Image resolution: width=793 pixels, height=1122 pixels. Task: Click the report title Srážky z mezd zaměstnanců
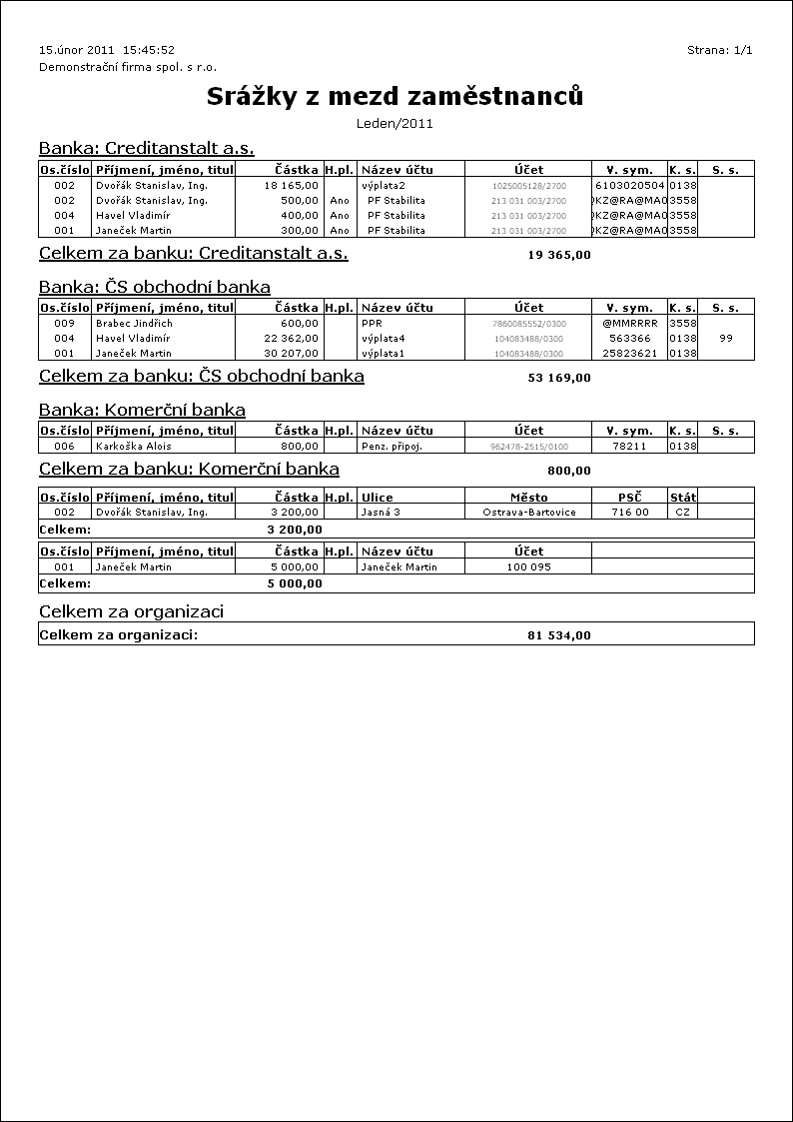[x=395, y=96]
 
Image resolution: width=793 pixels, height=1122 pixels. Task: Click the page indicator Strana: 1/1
[x=719, y=49]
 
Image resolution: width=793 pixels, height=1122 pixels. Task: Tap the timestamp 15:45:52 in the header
[x=149, y=49]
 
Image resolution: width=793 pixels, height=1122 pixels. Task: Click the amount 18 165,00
[x=292, y=185]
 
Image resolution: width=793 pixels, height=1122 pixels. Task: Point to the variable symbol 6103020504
[x=629, y=185]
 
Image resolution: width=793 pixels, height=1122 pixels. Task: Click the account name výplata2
[x=384, y=185]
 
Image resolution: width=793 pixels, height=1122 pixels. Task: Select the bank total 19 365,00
[x=558, y=255]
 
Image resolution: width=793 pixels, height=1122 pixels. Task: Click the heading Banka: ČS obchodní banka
[x=155, y=287]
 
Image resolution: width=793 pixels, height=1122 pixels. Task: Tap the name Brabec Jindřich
[x=134, y=323]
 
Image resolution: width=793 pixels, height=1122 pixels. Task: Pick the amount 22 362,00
[x=292, y=338]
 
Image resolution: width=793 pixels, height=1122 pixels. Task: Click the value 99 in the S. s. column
[x=726, y=338]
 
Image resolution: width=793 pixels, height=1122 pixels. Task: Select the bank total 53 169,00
[x=558, y=378]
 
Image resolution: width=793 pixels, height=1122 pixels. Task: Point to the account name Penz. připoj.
[x=392, y=446]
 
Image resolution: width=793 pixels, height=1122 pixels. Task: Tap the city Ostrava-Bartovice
[x=528, y=512]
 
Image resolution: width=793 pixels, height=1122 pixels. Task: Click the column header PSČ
[x=629, y=497]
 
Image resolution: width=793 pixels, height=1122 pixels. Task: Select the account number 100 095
[x=528, y=566]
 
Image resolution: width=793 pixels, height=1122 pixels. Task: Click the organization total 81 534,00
[x=558, y=634]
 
